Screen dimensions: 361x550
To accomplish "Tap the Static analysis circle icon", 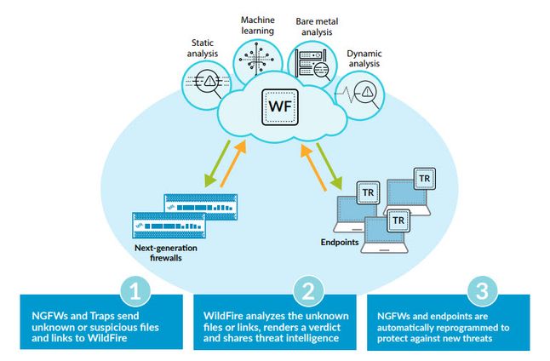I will click(203, 86).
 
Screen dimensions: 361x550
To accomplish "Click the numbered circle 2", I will click(309, 293).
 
